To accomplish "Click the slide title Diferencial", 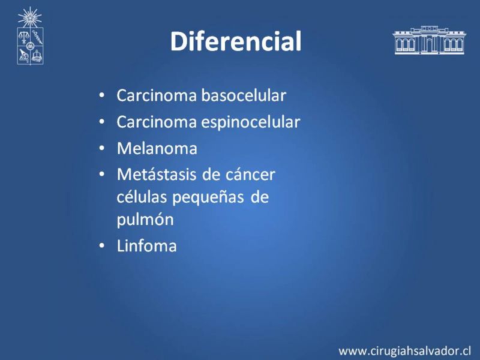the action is [x=236, y=41].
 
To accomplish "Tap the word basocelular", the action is [x=244, y=95].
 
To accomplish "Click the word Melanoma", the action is [x=157, y=148].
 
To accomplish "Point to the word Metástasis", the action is [x=157, y=175].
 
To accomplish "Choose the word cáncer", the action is [x=250, y=175].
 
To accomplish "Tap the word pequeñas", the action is [x=208, y=198].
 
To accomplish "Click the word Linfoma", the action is [x=147, y=246].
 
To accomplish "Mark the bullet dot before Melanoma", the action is [x=102, y=148].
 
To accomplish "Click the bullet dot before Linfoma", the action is [x=102, y=246].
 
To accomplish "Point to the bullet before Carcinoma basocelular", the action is [x=102, y=95].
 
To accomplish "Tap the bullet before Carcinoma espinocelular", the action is [x=102, y=122].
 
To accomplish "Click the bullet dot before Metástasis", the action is [x=102, y=175].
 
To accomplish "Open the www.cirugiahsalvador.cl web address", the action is [x=404, y=351].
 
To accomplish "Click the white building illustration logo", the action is [x=429, y=40].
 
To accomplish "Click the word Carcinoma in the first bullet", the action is [x=157, y=95].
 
